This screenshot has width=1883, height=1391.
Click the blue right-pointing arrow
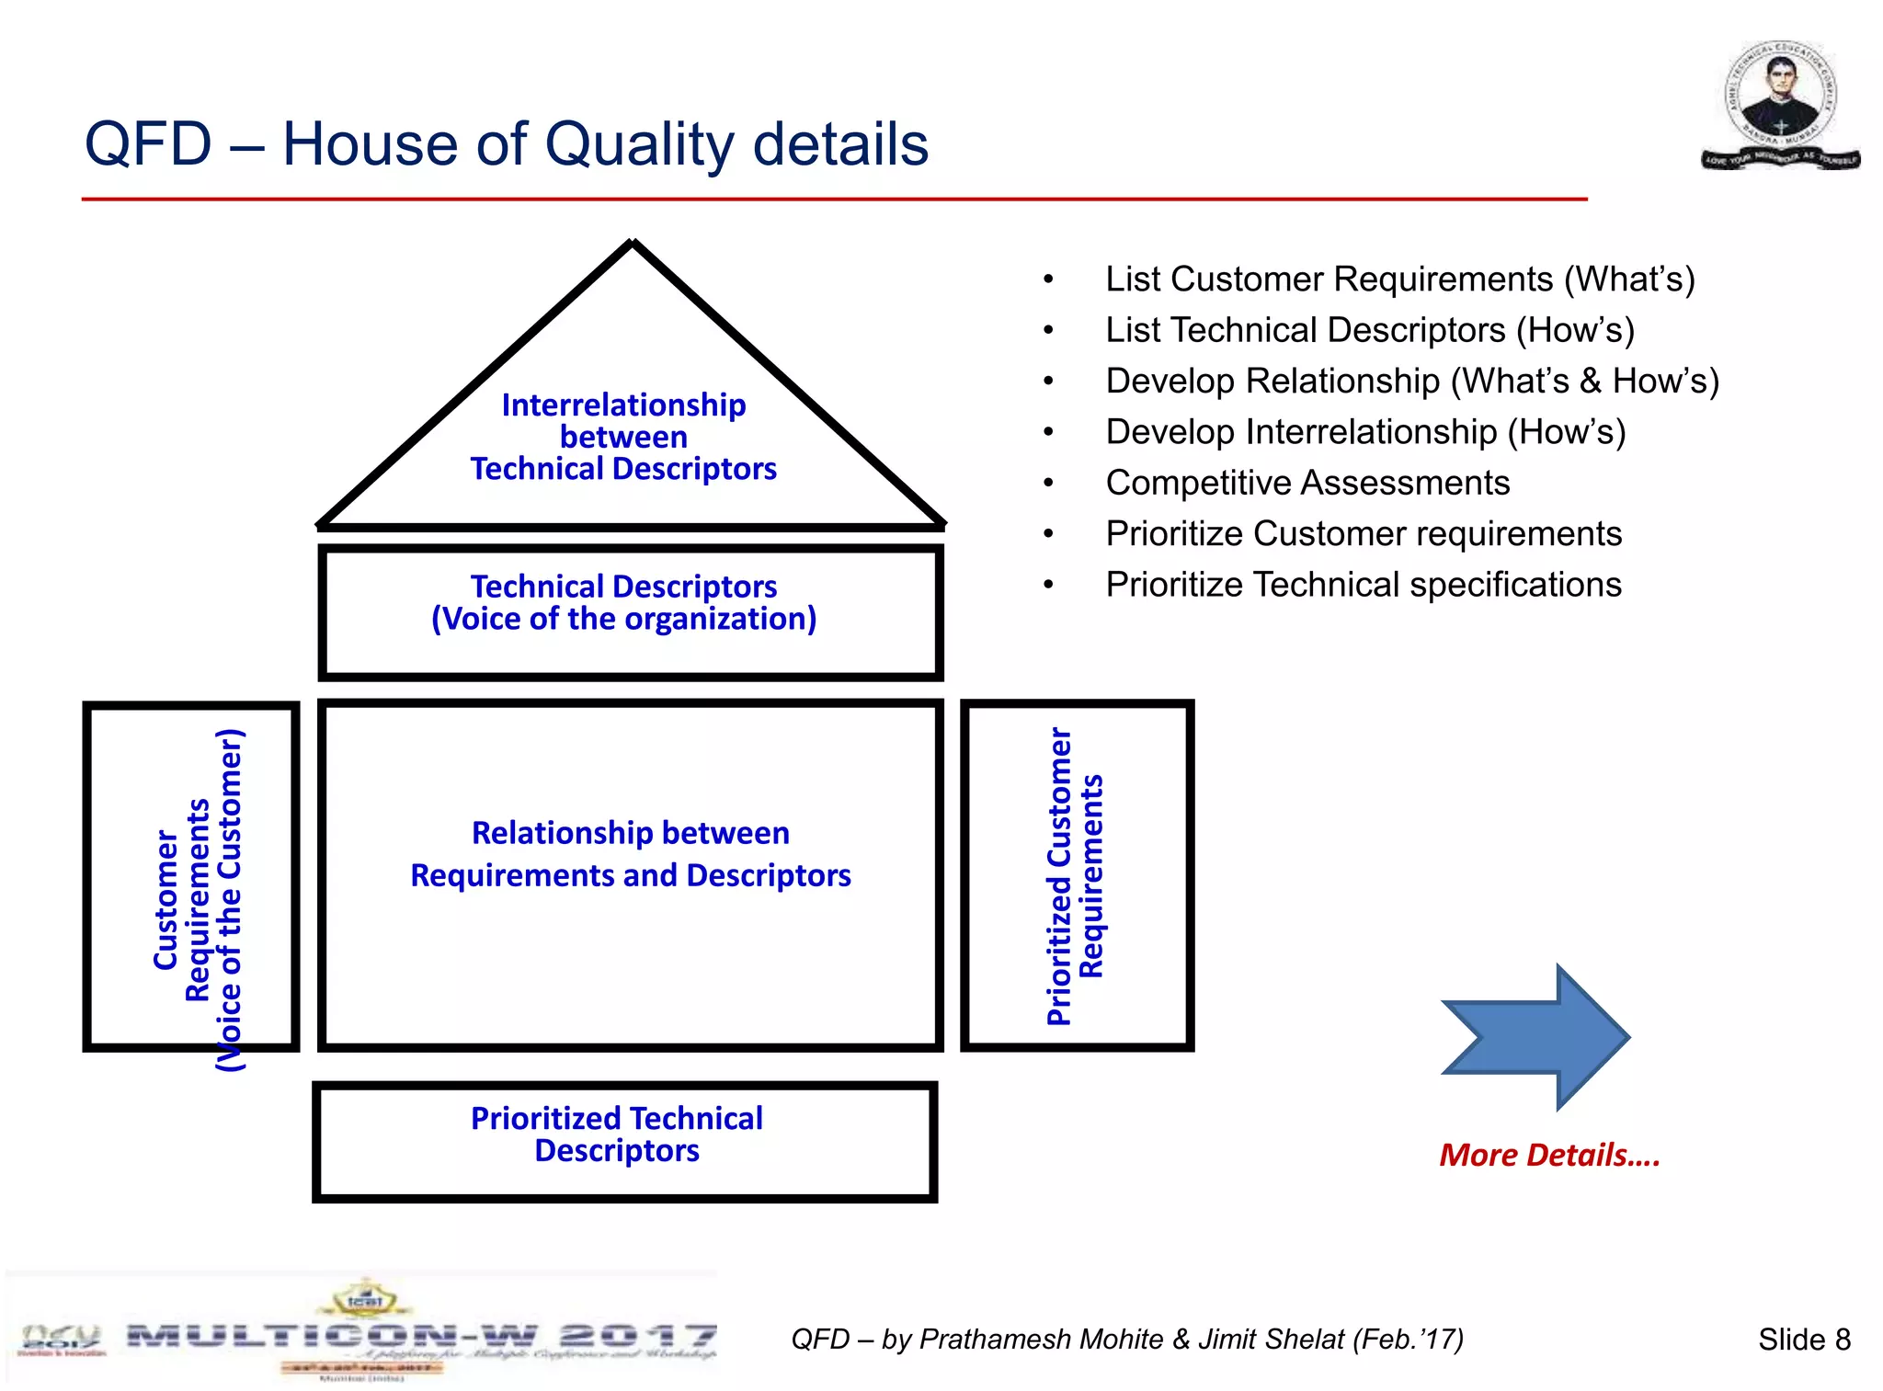pos(1535,1037)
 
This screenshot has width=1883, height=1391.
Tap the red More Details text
pos(1549,1155)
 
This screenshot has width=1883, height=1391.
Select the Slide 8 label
pos(1804,1340)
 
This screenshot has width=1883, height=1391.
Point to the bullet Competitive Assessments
pos(1307,483)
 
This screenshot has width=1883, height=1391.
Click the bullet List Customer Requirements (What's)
pos(1399,279)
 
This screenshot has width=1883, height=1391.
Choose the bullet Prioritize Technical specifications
pos(1363,585)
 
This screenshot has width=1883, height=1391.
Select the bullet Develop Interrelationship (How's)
pos(1365,432)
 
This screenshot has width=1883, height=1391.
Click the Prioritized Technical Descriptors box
pos(624,1140)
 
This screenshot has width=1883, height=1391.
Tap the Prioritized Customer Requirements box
pos(1077,875)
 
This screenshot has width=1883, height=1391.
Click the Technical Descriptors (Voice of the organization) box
pos(630,611)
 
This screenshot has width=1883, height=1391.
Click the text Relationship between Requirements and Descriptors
pos(631,854)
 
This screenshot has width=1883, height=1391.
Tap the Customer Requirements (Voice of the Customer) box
pos(191,875)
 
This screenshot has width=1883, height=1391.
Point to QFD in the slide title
pos(148,145)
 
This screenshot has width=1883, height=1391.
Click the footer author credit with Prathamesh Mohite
pos(1126,1340)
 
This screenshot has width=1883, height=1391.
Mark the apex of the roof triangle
pos(633,244)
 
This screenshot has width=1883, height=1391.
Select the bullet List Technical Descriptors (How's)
pos(1369,330)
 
